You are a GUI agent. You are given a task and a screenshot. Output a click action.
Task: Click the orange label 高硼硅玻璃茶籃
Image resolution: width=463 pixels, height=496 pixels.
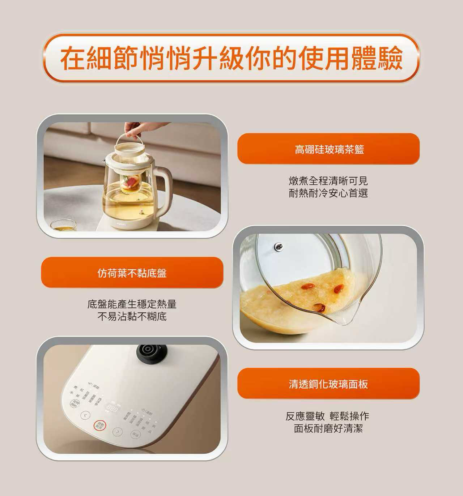tap(328, 149)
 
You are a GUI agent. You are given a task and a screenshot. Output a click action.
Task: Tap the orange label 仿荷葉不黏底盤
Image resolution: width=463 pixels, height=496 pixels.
tap(132, 273)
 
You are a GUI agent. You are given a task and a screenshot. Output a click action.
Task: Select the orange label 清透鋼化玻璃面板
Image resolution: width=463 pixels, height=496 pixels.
tap(328, 384)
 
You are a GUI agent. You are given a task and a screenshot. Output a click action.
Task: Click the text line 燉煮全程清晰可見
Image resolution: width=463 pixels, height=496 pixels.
tap(328, 181)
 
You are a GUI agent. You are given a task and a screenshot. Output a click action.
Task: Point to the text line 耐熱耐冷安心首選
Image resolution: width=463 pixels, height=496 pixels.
tap(328, 193)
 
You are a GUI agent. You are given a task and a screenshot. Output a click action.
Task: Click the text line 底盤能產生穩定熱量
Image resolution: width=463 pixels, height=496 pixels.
tap(132, 304)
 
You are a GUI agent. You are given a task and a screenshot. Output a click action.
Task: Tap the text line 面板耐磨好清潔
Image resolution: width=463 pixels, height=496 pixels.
tap(328, 429)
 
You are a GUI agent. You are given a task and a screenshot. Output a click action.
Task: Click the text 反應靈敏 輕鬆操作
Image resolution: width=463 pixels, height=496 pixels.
tap(327, 416)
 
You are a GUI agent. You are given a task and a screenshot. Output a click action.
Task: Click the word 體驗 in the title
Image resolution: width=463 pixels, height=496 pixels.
tap(377, 58)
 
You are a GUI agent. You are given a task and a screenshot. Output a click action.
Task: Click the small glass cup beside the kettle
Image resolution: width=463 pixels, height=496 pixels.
tap(64, 225)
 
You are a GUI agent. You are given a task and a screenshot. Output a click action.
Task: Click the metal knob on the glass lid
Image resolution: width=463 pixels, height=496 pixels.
tap(278, 247)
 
